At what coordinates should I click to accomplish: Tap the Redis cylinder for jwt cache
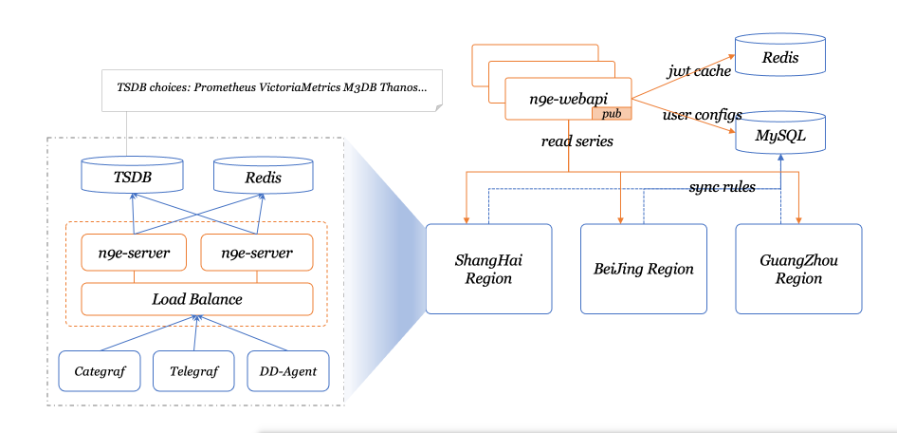[x=779, y=58]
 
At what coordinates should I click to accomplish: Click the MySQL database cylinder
[x=779, y=135]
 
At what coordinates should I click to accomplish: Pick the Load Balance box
[x=197, y=299]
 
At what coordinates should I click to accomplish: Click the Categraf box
[x=101, y=371]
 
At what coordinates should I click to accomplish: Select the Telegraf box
[x=193, y=371]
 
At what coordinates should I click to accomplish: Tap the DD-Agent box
[x=287, y=371]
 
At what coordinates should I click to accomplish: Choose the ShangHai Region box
[x=488, y=269]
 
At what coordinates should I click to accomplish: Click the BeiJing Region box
[x=644, y=269]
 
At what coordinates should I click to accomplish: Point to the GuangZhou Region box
[x=798, y=269]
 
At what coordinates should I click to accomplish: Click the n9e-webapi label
[x=568, y=98]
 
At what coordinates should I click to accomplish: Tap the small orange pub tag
[x=612, y=113]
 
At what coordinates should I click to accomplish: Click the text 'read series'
[x=577, y=141]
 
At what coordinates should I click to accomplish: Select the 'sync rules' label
[x=722, y=187]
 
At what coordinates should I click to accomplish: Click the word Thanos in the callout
[x=403, y=86]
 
